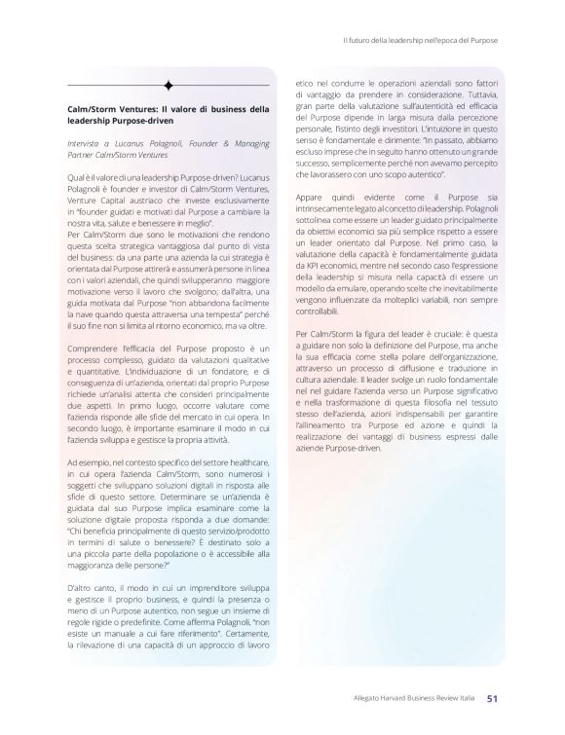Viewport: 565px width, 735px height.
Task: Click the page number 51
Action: pyautogui.click(x=493, y=697)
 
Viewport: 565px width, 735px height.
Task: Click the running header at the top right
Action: pyautogui.click(x=421, y=40)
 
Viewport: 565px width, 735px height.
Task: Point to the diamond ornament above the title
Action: pyautogui.click(x=169, y=84)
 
